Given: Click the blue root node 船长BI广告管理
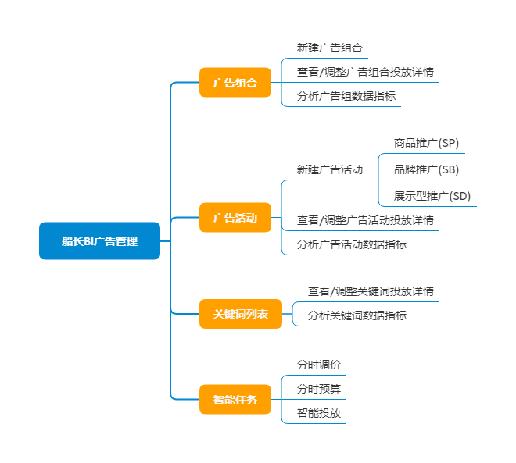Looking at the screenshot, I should (x=99, y=241).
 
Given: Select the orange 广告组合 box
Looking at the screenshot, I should (x=235, y=82).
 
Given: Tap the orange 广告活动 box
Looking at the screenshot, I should (x=235, y=218).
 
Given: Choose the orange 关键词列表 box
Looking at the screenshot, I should (x=240, y=314).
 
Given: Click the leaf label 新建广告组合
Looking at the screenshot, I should (x=329, y=48).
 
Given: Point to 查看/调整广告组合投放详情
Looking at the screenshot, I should (x=365, y=73).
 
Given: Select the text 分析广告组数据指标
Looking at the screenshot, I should (x=346, y=97).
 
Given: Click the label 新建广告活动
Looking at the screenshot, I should (x=329, y=169).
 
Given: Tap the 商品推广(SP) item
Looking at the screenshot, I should (x=426, y=144).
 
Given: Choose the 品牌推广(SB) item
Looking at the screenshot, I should (x=426, y=169).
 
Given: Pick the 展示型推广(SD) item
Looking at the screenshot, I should (x=432, y=196).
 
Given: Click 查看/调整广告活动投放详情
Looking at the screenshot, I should (x=365, y=220).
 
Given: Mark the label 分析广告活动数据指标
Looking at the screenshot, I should (x=351, y=244).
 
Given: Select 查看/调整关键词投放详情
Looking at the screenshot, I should (x=371, y=291).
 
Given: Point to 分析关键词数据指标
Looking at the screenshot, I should (x=357, y=316).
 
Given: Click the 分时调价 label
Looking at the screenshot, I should (x=318, y=365).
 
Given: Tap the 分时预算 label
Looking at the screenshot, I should (x=318, y=389).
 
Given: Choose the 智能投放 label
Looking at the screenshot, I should (x=318, y=413).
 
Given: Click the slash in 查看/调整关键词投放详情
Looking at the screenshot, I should (x=333, y=291).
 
